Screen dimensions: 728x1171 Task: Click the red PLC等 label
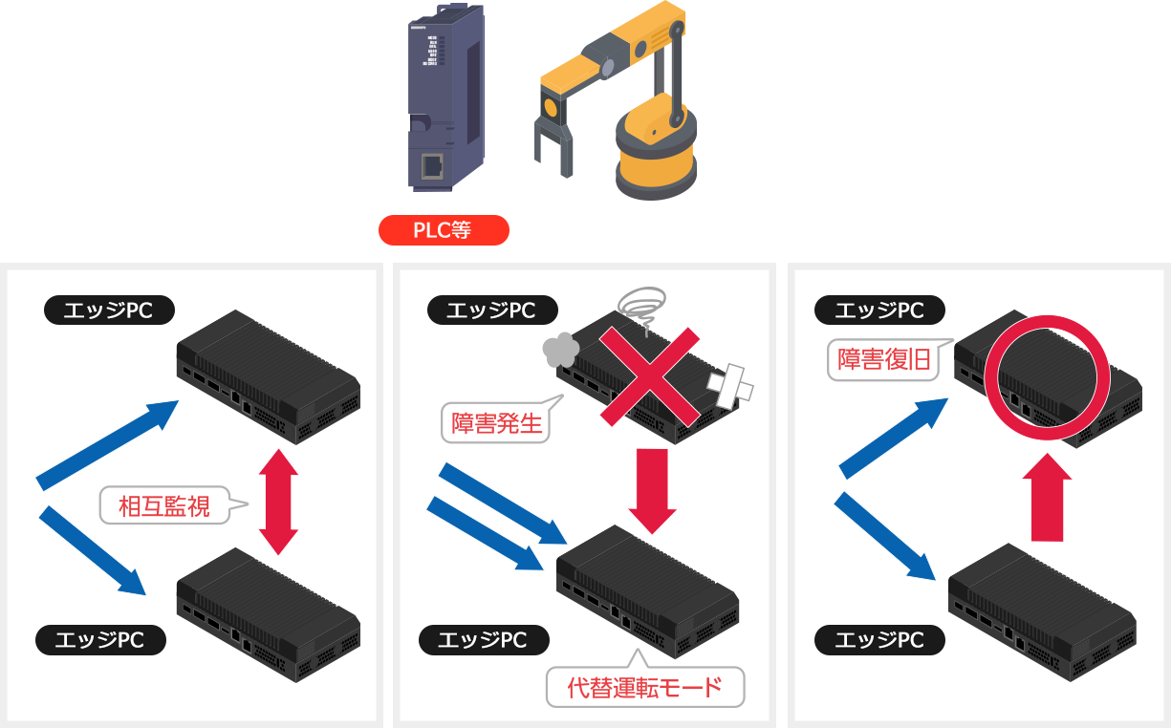tap(443, 229)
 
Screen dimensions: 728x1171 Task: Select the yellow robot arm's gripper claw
tap(552, 143)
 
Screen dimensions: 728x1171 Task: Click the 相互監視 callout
tap(167, 504)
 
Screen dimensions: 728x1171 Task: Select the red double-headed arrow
tap(279, 502)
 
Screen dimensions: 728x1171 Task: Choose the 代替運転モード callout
tap(644, 687)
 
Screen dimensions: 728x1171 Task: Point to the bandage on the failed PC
tap(728, 383)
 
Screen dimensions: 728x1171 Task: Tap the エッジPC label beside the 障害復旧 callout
tap(879, 310)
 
